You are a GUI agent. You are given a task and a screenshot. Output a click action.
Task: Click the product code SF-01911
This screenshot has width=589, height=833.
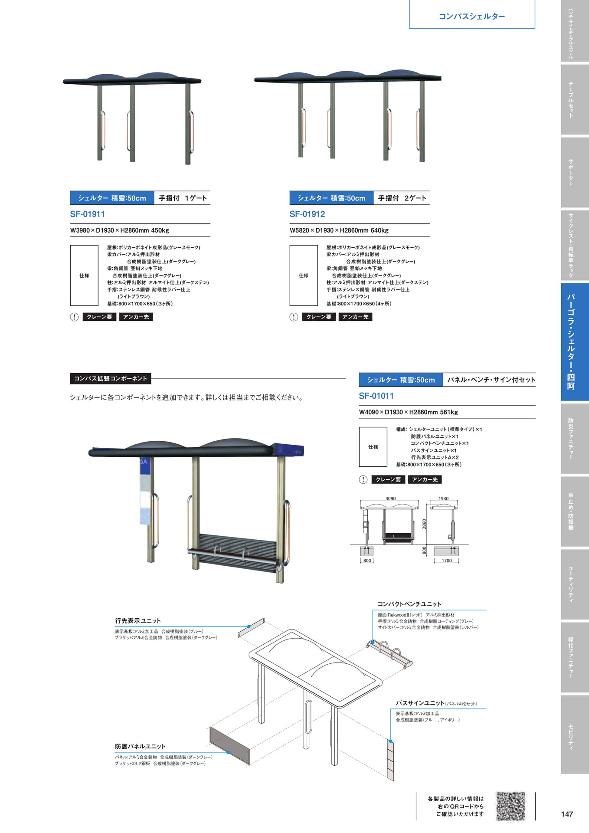(87, 214)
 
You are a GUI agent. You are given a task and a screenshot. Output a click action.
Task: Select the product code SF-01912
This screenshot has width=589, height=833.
(307, 214)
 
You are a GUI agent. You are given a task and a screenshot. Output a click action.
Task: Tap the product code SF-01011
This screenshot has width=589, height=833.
(376, 396)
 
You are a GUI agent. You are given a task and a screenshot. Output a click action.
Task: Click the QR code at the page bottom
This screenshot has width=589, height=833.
(510, 806)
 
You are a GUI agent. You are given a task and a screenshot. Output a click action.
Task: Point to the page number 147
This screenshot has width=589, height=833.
(567, 814)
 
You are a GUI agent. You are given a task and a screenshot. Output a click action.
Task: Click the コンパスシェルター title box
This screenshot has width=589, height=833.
(472, 14)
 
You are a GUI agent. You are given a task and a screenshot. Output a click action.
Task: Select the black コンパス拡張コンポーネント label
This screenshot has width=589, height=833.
(111, 379)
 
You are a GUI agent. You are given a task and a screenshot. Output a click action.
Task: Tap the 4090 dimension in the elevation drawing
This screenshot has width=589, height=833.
(390, 498)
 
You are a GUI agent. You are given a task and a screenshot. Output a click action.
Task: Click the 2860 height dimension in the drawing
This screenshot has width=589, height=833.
(424, 524)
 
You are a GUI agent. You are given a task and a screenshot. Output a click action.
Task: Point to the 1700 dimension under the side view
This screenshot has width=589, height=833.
(447, 561)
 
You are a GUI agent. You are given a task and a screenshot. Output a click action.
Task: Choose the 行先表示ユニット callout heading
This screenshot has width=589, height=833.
(138, 621)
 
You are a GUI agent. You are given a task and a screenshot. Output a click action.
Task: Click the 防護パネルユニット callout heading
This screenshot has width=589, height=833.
(140, 746)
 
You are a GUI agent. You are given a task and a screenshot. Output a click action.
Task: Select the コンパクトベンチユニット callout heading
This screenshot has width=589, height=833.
(409, 604)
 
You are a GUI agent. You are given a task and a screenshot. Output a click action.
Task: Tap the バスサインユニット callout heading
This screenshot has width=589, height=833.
(420, 703)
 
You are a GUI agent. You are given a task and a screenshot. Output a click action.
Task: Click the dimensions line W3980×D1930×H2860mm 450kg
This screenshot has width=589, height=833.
(120, 230)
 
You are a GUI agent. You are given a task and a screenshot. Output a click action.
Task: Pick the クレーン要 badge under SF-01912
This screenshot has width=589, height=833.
(319, 317)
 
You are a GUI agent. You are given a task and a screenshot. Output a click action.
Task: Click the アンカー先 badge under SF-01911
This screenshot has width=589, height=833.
(136, 317)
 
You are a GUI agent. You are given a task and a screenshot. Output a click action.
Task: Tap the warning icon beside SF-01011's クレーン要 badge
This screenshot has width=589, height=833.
(363, 479)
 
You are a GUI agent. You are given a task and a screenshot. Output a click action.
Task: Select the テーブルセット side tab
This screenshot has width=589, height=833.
(571, 99)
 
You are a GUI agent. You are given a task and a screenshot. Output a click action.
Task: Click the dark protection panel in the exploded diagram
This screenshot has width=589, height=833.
(230, 746)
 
